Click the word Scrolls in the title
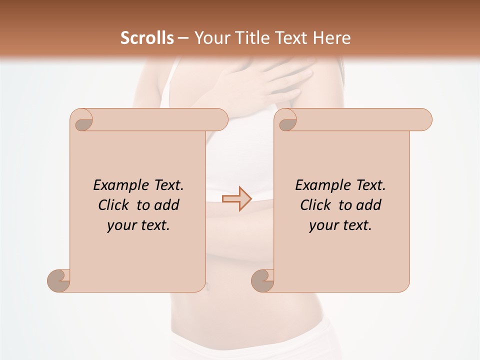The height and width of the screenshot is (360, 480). [x=147, y=38]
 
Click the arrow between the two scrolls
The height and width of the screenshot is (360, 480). [x=236, y=198]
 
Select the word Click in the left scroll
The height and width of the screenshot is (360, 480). [x=113, y=205]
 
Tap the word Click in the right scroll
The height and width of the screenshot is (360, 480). [x=315, y=205]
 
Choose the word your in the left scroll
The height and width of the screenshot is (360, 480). [x=120, y=225]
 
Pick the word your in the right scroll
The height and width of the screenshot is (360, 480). [x=322, y=225]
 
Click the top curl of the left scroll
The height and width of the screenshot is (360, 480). [x=82, y=120]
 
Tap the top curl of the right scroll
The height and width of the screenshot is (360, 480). [x=286, y=120]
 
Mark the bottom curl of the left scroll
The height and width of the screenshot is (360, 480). [x=58, y=280]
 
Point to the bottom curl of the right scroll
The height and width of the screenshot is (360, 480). [x=262, y=280]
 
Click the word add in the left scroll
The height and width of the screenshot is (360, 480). [x=167, y=205]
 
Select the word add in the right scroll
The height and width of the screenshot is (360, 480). [x=369, y=205]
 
